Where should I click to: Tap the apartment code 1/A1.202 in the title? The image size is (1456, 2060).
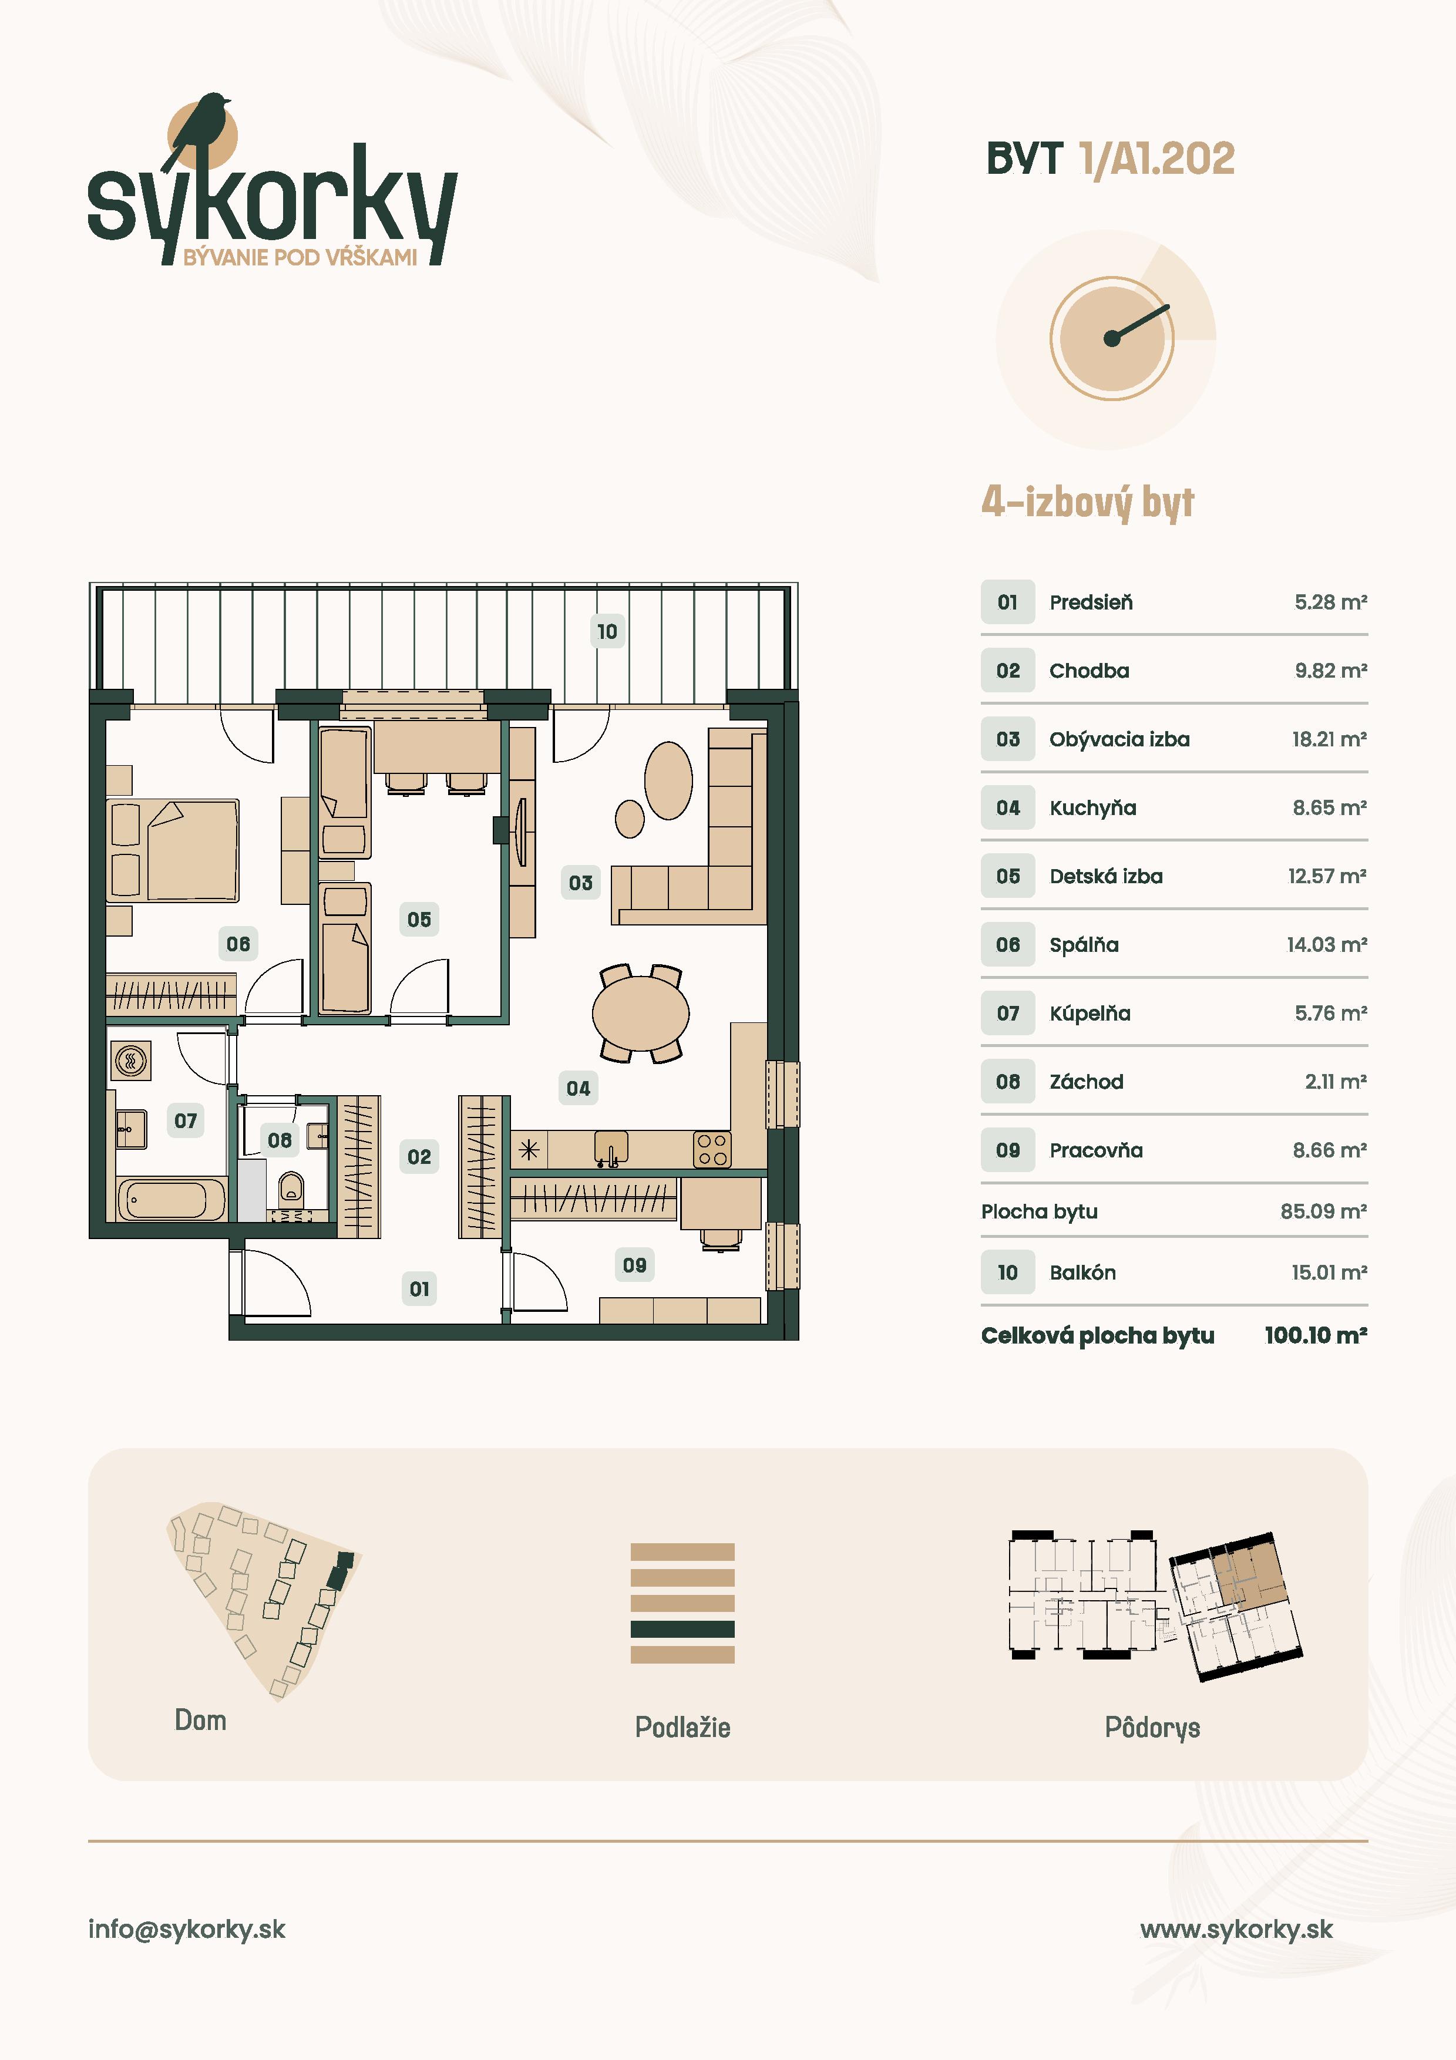click(1157, 160)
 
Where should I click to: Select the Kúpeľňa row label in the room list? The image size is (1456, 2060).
click(1090, 1014)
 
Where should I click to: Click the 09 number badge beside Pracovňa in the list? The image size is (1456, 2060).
click(1007, 1150)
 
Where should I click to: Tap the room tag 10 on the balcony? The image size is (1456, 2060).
click(607, 632)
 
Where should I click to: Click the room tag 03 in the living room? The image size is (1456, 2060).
click(580, 883)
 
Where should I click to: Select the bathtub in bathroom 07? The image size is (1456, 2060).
click(172, 1200)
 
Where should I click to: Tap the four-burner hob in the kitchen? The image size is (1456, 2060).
click(712, 1149)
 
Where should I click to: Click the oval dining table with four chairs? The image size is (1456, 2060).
click(641, 1014)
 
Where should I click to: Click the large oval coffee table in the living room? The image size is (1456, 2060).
click(668, 780)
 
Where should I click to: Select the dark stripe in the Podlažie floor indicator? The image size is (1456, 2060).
click(682, 1628)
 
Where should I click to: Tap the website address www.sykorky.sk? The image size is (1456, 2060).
click(1236, 1929)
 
